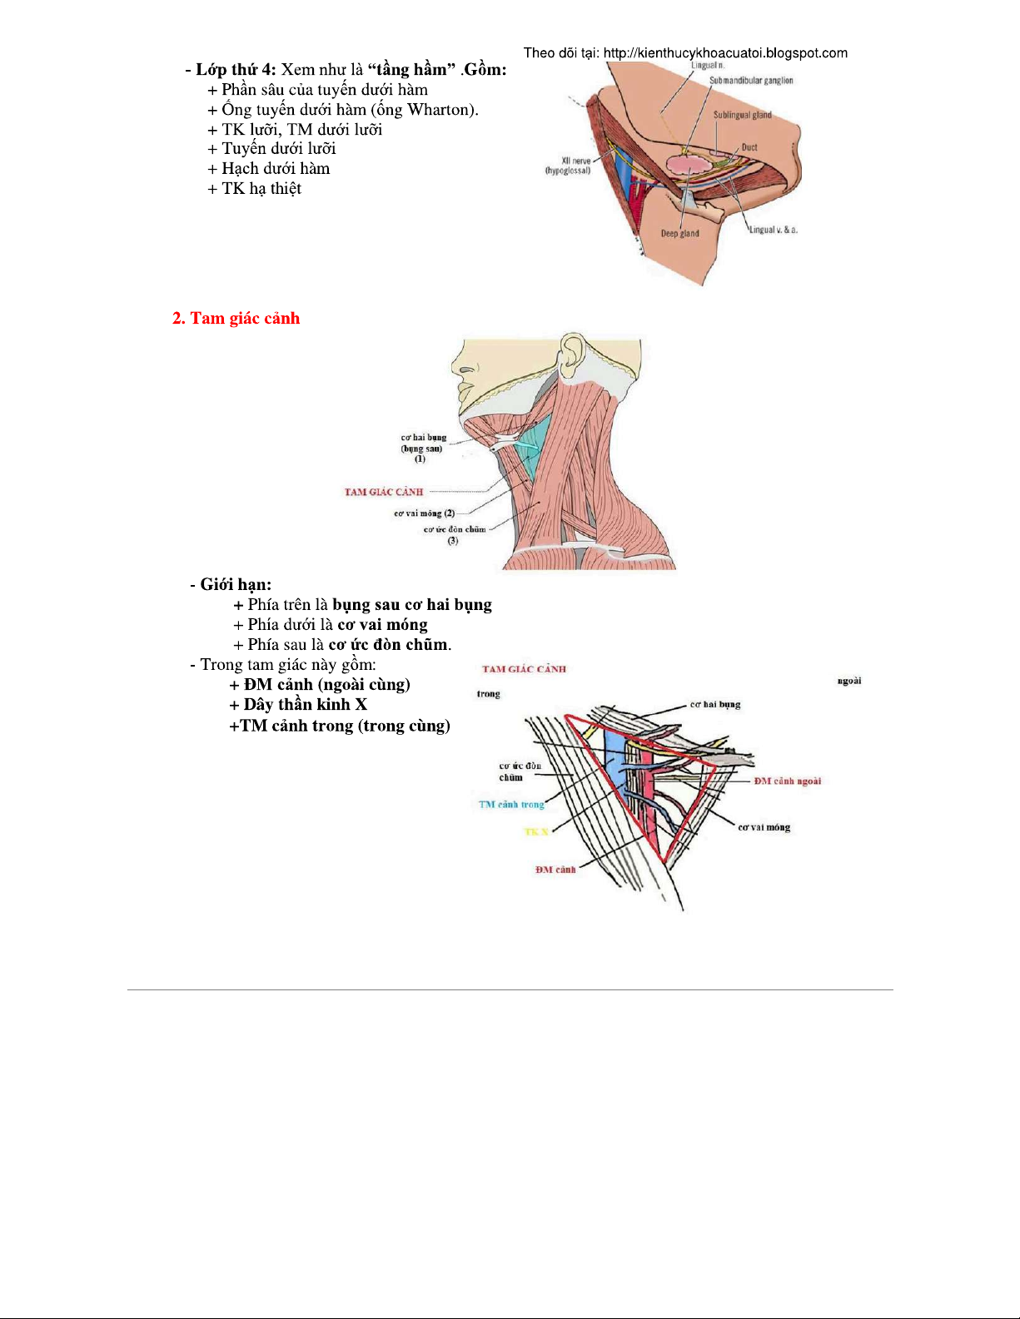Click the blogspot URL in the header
click(725, 53)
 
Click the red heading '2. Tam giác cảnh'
click(236, 319)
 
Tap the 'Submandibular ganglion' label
click(751, 81)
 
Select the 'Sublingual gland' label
click(742, 115)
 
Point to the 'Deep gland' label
click(679, 234)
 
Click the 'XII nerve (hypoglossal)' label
click(569, 166)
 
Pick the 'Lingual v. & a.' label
click(774, 230)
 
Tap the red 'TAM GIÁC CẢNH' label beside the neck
click(384, 492)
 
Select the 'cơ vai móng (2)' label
click(425, 513)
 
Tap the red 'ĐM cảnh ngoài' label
click(787, 781)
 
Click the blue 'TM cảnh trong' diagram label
click(511, 805)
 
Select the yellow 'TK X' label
click(536, 832)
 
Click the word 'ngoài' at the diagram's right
click(849, 681)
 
